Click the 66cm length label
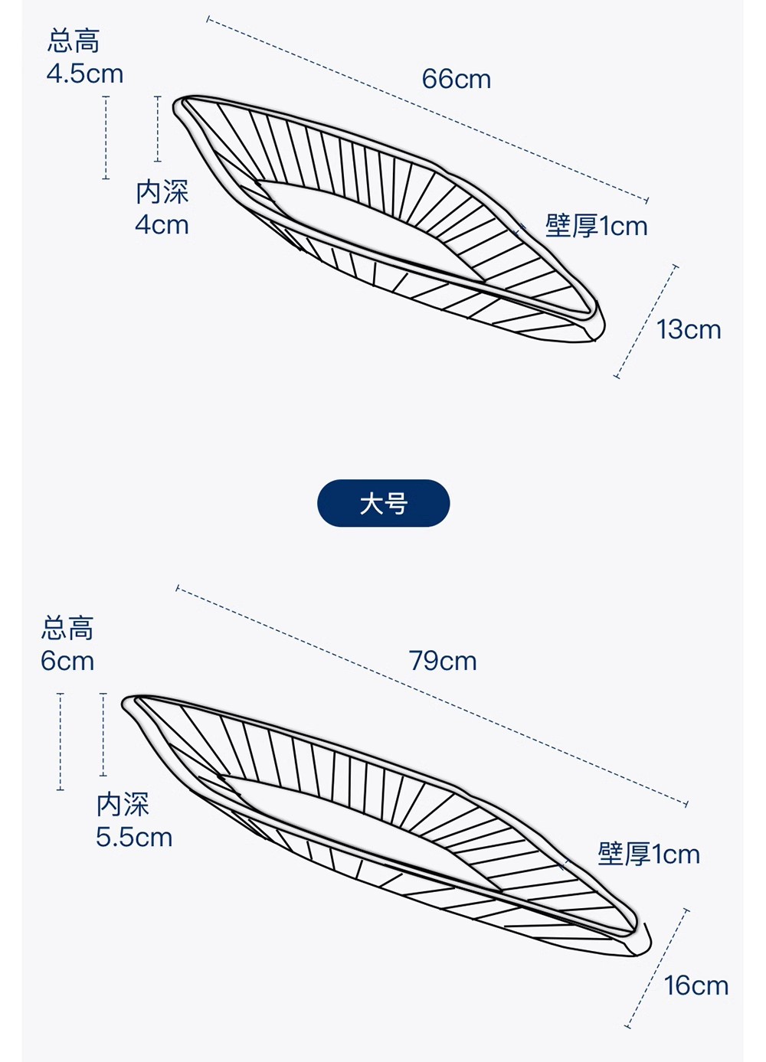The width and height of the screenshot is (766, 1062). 457,79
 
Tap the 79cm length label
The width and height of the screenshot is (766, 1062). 443,661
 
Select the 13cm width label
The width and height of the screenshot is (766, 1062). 689,329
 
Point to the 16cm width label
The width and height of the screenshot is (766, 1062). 696,985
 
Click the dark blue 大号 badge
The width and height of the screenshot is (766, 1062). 383,503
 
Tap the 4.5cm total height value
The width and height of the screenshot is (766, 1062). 85,74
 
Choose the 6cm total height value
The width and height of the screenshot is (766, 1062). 67,661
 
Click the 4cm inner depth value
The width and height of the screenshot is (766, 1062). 162,224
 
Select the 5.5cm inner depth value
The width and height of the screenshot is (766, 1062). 134,837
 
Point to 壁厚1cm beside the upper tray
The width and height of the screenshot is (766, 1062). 596,226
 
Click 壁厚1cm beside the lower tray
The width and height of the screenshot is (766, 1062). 649,855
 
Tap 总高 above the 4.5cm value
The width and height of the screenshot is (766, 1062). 73,41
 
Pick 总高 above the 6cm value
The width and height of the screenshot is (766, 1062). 67,628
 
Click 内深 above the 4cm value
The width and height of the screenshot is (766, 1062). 162,191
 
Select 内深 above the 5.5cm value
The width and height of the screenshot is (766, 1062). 123,804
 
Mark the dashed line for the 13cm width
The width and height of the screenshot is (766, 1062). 646,322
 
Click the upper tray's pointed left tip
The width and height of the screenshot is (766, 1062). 175,105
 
